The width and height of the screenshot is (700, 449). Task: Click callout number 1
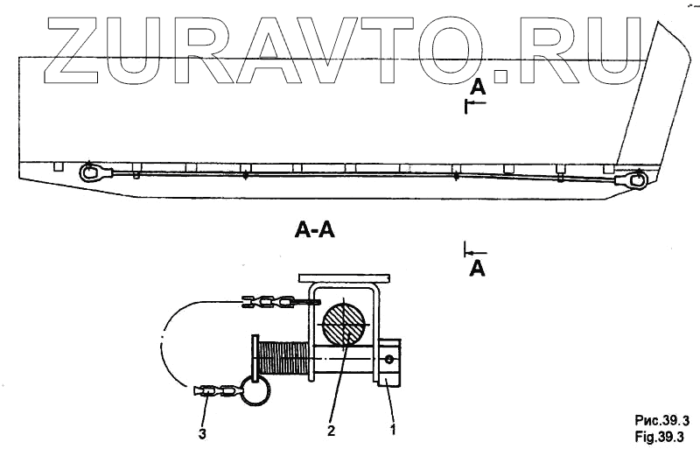(x=393, y=431)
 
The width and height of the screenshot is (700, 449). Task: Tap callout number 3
(x=203, y=431)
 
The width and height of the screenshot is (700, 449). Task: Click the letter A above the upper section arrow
(x=477, y=87)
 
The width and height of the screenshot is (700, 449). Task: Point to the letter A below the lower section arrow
(x=477, y=269)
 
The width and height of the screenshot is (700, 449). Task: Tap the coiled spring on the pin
(x=284, y=360)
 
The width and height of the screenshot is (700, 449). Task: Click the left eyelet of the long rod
(x=88, y=172)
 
